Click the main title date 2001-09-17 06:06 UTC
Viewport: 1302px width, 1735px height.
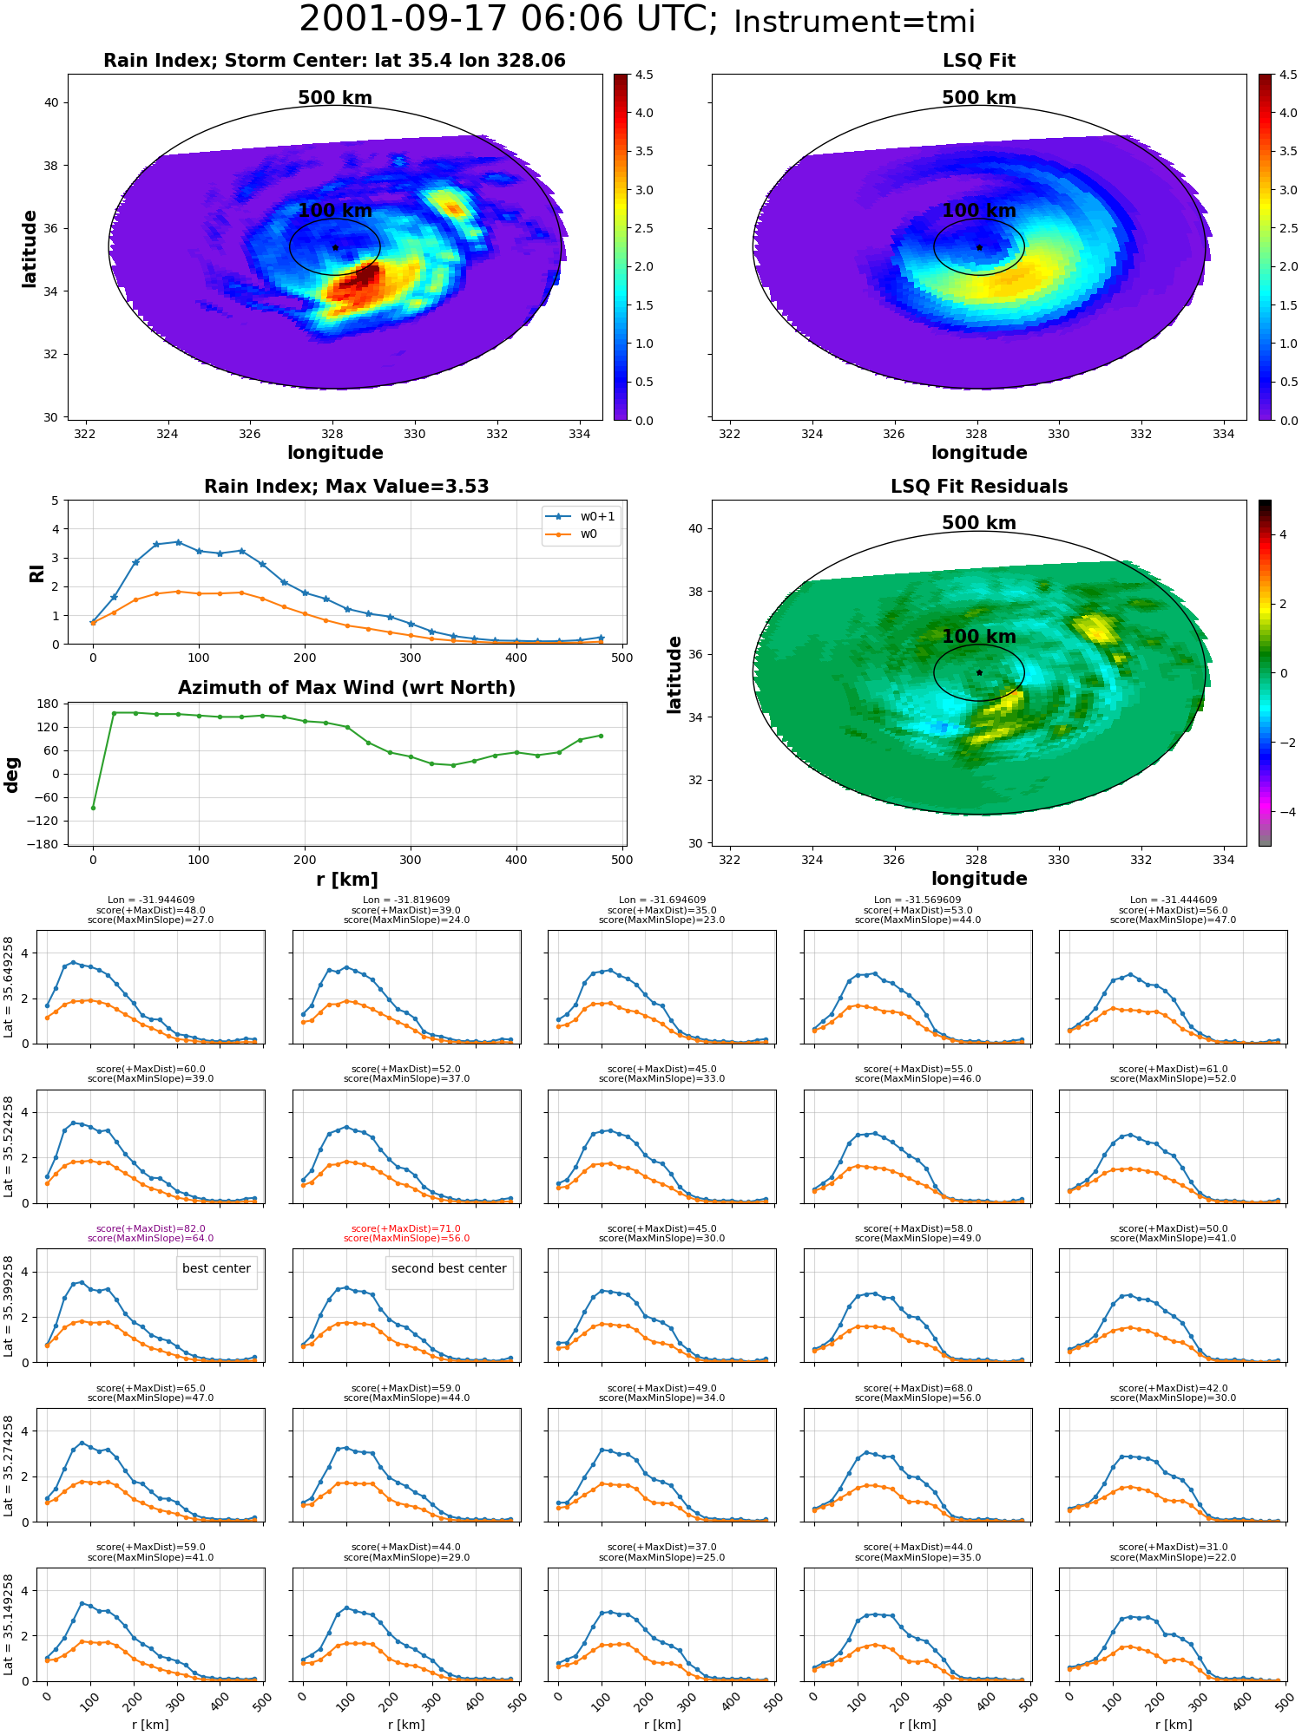coord(508,19)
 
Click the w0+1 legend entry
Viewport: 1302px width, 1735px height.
coord(581,516)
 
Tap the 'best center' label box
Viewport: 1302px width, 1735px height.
coord(216,1268)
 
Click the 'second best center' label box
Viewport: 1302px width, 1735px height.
coord(449,1268)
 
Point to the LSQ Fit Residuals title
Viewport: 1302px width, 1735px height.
coord(979,487)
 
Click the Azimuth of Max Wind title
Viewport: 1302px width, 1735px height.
coord(347,688)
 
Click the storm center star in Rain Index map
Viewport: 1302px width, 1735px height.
coord(335,247)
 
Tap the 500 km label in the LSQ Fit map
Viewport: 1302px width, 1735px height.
coord(979,98)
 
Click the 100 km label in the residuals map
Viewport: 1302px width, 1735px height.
coord(979,637)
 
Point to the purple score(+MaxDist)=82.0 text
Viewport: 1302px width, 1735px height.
coord(151,1229)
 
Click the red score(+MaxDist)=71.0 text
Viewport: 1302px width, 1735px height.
coord(406,1229)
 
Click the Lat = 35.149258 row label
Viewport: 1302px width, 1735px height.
coord(9,1625)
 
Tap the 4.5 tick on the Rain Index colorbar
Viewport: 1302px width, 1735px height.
coord(644,75)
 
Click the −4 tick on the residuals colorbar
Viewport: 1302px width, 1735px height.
coord(1283,812)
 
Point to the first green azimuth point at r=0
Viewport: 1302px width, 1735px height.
coord(93,808)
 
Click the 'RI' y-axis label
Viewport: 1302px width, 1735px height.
coord(37,573)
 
